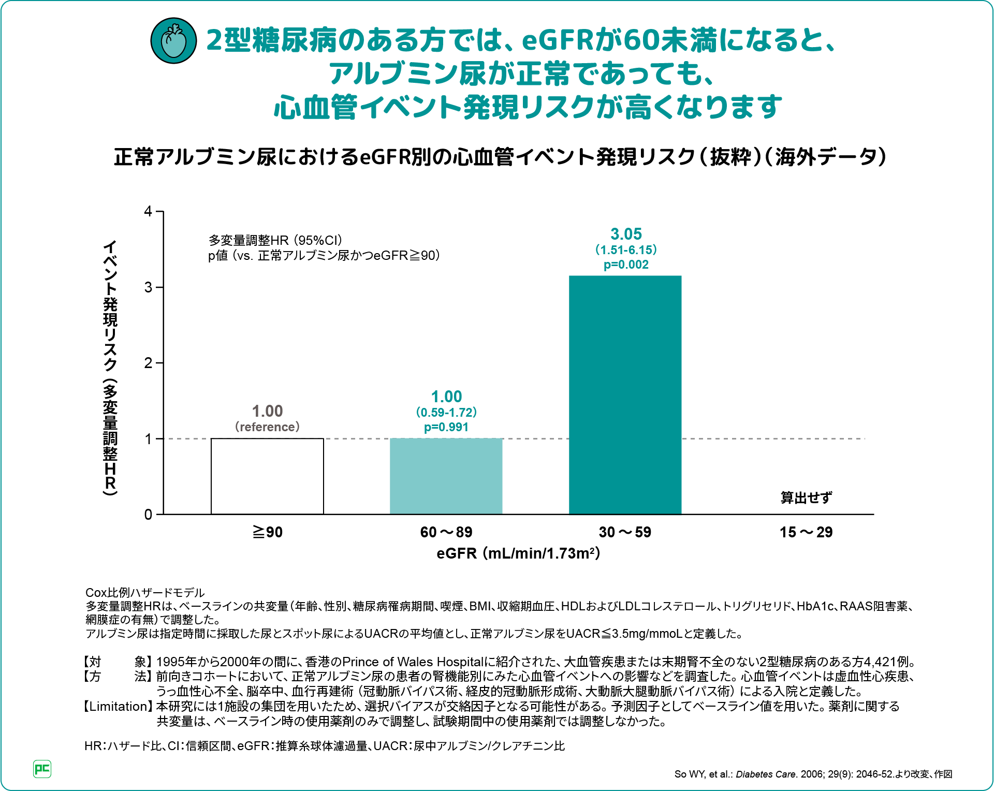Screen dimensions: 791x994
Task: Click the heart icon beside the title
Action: pyautogui.click(x=173, y=41)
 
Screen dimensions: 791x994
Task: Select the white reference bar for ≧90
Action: pyautogui.click(x=267, y=476)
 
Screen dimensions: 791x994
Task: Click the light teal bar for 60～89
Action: pyautogui.click(x=446, y=476)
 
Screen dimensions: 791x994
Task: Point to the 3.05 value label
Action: pyautogui.click(x=626, y=234)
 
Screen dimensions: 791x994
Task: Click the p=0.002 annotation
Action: pyautogui.click(x=626, y=265)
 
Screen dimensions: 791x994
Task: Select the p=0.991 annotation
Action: pyautogui.click(x=446, y=428)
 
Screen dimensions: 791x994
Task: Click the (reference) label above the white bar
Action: pyautogui.click(x=267, y=427)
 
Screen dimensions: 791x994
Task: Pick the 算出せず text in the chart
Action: pyautogui.click(x=806, y=497)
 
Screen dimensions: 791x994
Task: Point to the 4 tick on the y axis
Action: pyautogui.click(x=149, y=211)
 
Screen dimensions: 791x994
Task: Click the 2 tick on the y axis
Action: pyautogui.click(x=149, y=363)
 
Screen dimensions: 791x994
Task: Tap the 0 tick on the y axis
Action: pyautogui.click(x=149, y=515)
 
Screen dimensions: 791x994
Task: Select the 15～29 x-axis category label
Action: pyautogui.click(x=806, y=532)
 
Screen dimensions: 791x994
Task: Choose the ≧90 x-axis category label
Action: pyautogui.click(x=267, y=532)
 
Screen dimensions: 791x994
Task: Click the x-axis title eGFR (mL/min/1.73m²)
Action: pyautogui.click(x=518, y=553)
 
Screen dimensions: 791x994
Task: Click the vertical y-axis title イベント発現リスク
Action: pyautogui.click(x=110, y=368)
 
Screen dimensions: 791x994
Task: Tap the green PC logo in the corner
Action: pyautogui.click(x=42, y=769)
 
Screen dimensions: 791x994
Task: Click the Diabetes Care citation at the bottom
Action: pyautogui.click(x=813, y=774)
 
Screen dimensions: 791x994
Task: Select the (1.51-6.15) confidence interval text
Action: pyautogui.click(x=626, y=250)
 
